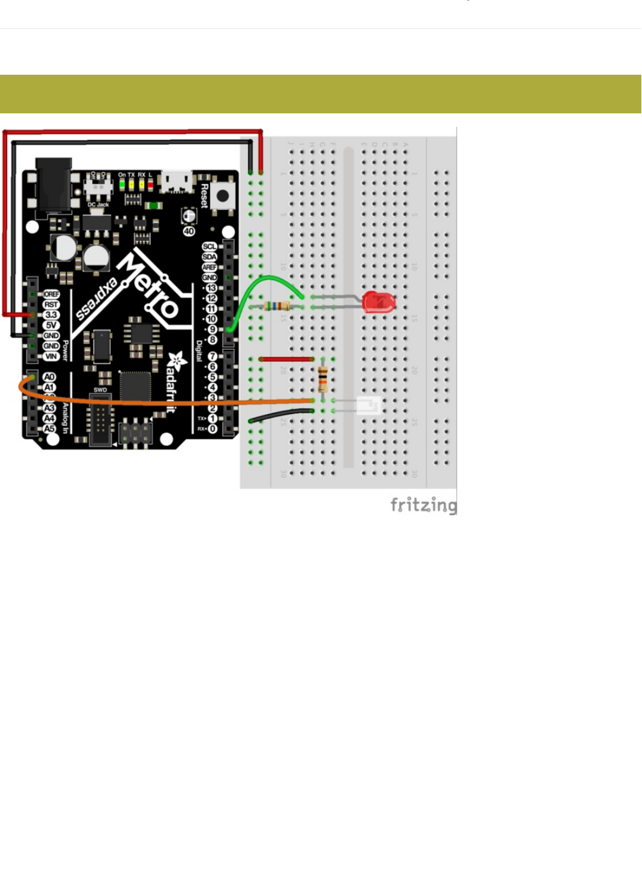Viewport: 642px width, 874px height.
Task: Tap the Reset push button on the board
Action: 223,196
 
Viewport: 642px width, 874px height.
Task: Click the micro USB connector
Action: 176,181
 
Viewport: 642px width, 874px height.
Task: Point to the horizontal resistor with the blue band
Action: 275,307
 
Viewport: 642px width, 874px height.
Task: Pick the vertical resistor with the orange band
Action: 323,379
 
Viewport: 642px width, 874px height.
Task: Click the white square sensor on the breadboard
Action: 369,406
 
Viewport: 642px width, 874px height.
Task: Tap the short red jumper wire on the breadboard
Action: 286,359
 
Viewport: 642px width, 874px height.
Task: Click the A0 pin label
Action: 50,377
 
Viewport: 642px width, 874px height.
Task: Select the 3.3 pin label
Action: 51,315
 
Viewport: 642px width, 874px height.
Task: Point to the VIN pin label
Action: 51,356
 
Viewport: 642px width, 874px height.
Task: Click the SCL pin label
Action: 209,247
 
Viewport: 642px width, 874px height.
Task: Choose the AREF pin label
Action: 209,267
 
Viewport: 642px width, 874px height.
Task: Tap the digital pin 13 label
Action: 211,288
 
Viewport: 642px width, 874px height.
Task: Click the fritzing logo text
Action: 423,504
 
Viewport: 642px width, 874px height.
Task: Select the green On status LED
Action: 122,184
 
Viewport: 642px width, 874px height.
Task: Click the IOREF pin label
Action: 51,294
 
